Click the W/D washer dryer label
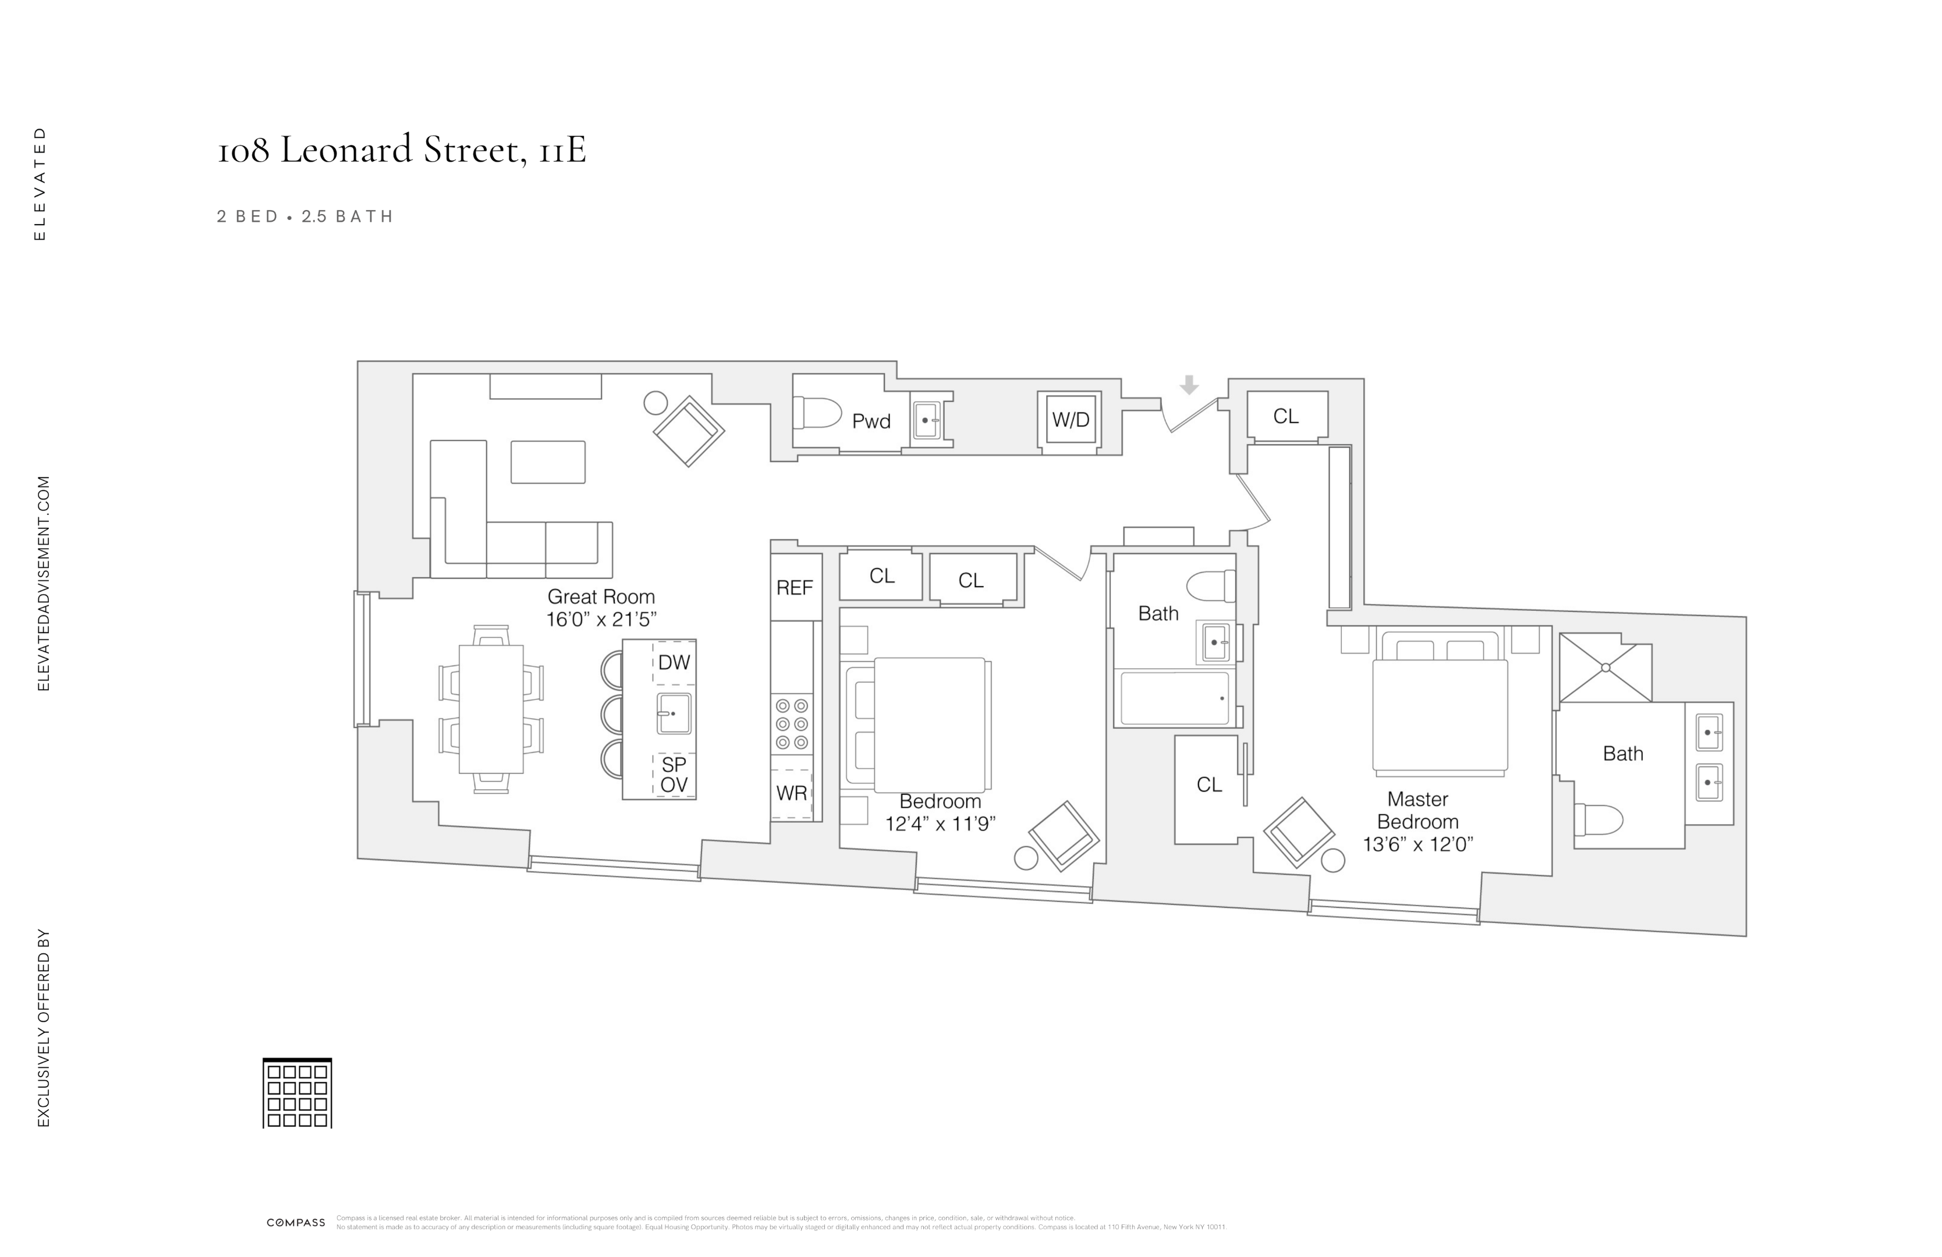(x=1070, y=420)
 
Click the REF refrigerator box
(x=795, y=587)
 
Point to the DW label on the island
(x=674, y=662)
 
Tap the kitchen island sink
(x=674, y=713)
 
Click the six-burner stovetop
(x=792, y=723)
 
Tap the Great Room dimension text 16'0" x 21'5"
(x=601, y=620)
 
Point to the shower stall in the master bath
(x=1605, y=667)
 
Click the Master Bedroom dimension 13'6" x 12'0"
(x=1417, y=844)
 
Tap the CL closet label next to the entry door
(x=1285, y=416)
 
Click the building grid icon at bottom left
(x=297, y=1094)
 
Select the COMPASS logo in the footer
(x=295, y=1222)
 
